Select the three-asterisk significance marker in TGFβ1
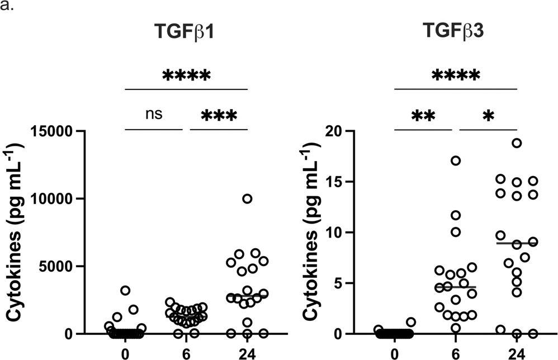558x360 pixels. point(219,116)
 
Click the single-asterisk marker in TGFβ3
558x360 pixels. point(489,116)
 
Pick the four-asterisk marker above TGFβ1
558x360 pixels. point(186,75)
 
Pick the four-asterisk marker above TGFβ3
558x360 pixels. point(456,75)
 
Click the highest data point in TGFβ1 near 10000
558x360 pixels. point(247,198)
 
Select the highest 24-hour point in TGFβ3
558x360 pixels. point(517,143)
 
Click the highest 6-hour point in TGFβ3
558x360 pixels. point(456,161)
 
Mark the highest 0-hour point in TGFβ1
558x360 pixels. point(125,291)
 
